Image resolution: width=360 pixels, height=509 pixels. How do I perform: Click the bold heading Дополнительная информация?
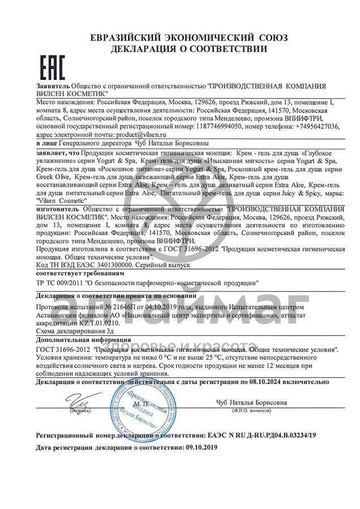(x=82, y=340)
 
